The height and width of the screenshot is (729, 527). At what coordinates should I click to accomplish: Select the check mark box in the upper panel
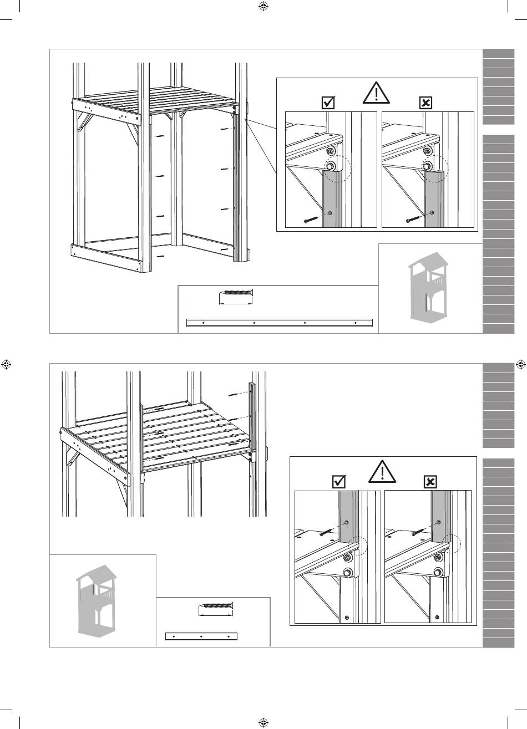(x=328, y=103)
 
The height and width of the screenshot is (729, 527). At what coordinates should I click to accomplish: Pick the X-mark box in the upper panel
(x=424, y=103)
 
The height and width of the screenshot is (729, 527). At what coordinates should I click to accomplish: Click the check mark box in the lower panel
(x=337, y=482)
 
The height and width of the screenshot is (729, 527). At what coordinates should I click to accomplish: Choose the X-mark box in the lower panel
(x=430, y=482)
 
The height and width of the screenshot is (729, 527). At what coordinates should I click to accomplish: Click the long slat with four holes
(x=280, y=322)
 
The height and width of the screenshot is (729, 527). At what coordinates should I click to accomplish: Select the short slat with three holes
(x=201, y=636)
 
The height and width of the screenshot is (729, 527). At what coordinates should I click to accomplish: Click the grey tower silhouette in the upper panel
(x=430, y=288)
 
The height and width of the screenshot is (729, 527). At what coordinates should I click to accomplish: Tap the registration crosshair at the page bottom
(x=263, y=722)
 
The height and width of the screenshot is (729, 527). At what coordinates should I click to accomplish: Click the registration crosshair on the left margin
(x=7, y=364)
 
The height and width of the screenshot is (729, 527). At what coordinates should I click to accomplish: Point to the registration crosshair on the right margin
(x=520, y=364)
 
